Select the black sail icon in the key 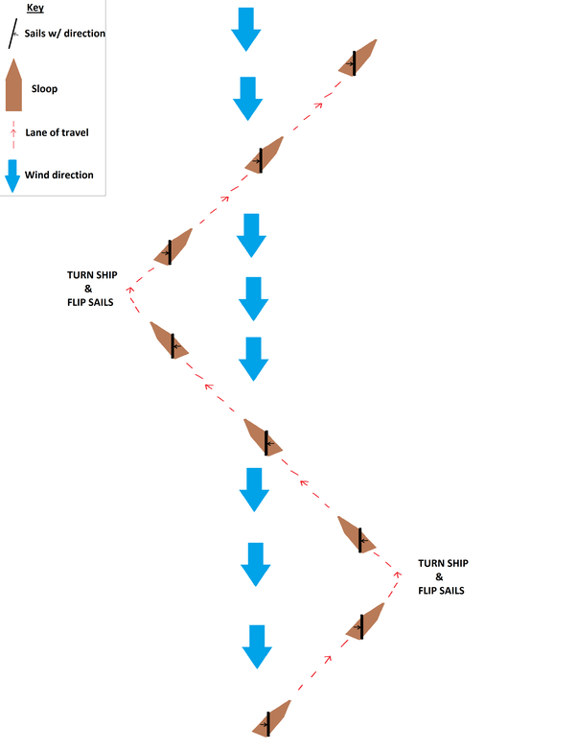[x=12, y=35]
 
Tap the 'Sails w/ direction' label [x=64, y=34]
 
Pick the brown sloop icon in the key [x=13, y=85]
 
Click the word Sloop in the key [x=44, y=89]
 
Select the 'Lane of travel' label [x=58, y=132]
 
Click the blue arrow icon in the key [x=13, y=175]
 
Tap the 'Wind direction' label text [x=59, y=175]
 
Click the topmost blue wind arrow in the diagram [x=245, y=29]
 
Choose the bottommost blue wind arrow [x=256, y=646]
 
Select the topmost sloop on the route [x=358, y=59]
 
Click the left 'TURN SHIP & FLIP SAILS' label [x=92, y=288]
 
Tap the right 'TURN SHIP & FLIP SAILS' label [x=442, y=577]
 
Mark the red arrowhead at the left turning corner [x=131, y=286]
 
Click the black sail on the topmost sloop [x=355, y=62]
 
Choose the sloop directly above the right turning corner [x=358, y=534]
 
